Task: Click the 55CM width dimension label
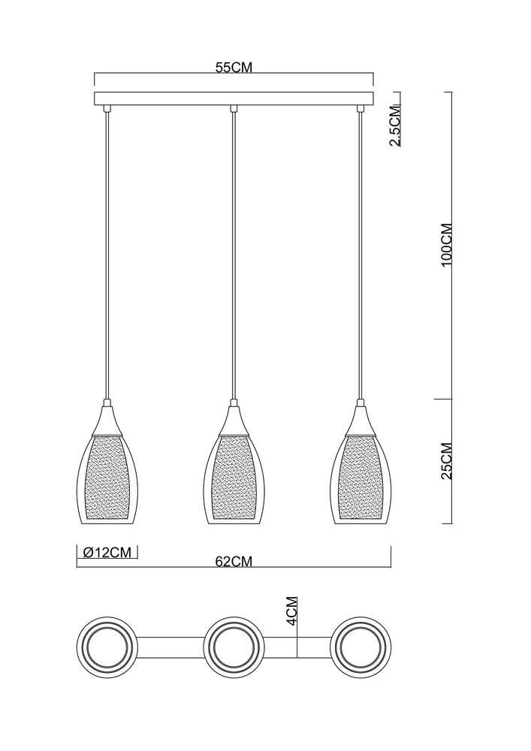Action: point(233,67)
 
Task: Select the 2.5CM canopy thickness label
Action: point(396,125)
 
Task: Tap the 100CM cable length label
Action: point(446,245)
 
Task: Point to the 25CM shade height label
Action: point(446,461)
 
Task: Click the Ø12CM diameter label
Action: point(107,552)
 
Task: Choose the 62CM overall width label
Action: point(234,562)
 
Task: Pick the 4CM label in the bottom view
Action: point(291,611)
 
